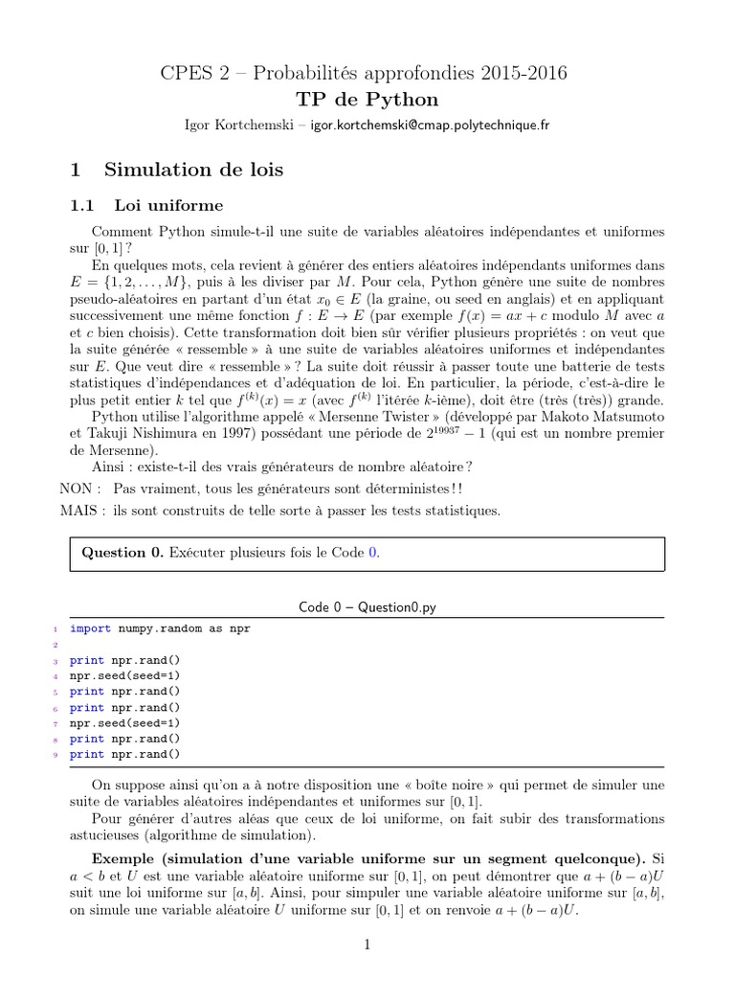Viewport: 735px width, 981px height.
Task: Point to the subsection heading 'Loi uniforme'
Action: [x=168, y=205]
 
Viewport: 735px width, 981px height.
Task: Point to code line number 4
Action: [x=56, y=675]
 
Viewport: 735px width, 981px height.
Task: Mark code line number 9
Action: [x=56, y=754]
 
